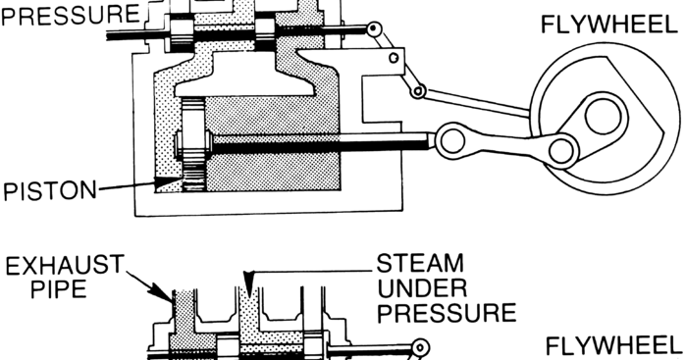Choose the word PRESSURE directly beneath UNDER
click(447, 313)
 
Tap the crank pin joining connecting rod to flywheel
click(562, 150)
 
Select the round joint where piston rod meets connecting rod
click(452, 139)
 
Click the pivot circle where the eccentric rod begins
click(418, 91)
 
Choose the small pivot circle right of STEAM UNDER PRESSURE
click(420, 347)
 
